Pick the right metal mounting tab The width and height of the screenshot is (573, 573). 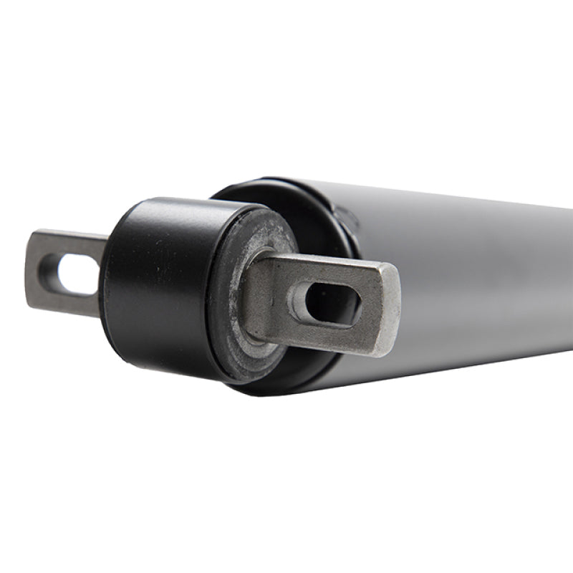coord(322,297)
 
